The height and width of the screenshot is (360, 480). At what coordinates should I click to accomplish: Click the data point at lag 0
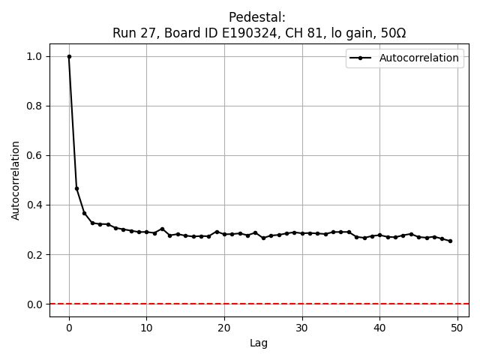click(x=69, y=56)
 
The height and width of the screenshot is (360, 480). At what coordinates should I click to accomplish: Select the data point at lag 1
click(x=76, y=188)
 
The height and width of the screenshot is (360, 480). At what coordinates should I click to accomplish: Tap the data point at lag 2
click(x=85, y=213)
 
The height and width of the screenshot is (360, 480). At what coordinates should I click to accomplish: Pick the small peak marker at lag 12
click(x=162, y=229)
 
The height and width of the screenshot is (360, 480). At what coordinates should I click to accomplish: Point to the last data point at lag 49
click(x=450, y=241)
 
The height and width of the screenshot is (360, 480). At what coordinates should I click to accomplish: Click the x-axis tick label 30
click(x=302, y=328)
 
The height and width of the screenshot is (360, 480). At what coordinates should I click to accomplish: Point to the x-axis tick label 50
click(x=457, y=328)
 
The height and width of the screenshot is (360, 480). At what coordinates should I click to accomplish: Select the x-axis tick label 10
click(x=146, y=328)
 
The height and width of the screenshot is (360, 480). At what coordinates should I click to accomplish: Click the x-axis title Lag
click(x=259, y=343)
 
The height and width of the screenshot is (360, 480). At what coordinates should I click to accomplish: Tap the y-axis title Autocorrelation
click(x=16, y=180)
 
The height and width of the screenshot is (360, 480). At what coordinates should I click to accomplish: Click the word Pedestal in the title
click(x=259, y=17)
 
